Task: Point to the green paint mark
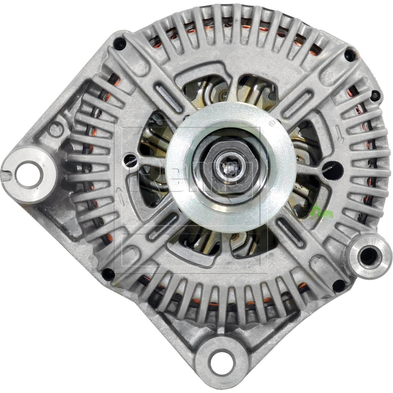pos(319,210)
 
